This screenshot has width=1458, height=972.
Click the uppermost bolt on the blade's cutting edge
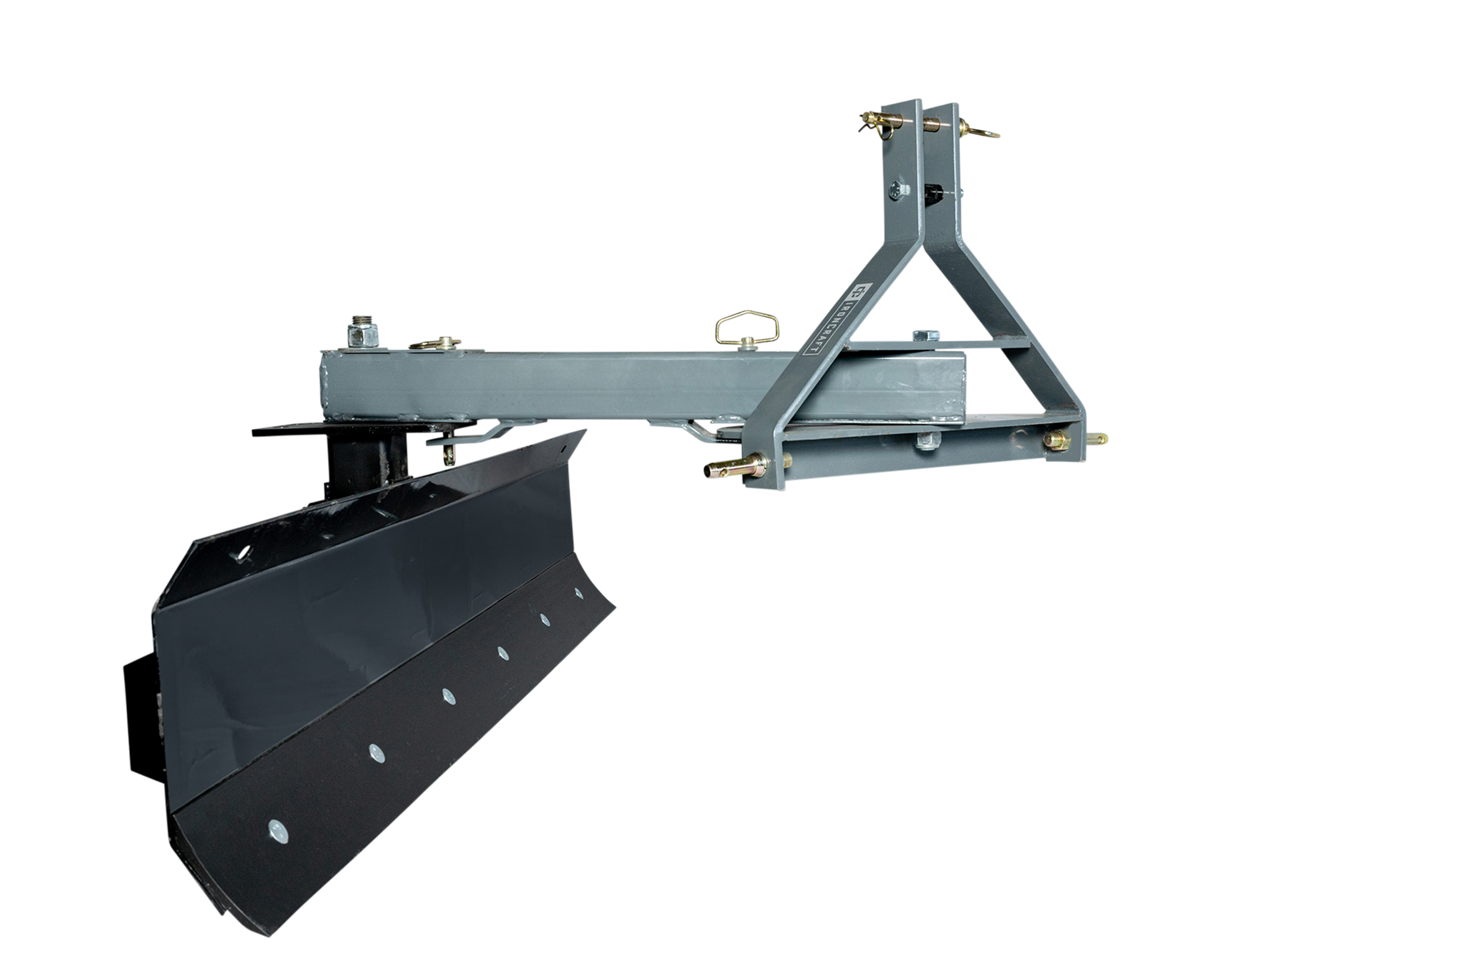[579, 594]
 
